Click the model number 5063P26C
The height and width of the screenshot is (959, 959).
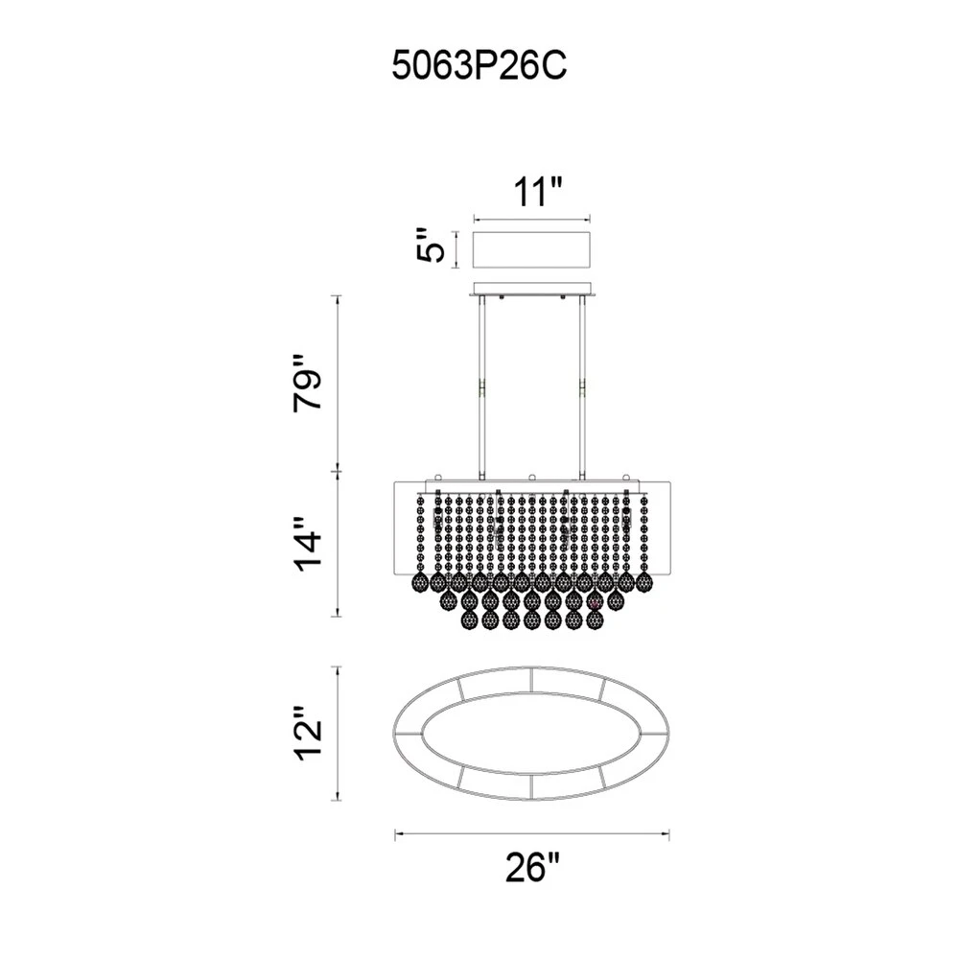click(479, 65)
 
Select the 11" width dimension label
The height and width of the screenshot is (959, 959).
click(536, 193)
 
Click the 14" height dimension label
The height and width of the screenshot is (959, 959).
click(307, 544)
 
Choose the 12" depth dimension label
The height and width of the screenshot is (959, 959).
click(307, 734)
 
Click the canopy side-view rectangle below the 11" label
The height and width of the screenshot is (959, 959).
click(532, 249)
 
